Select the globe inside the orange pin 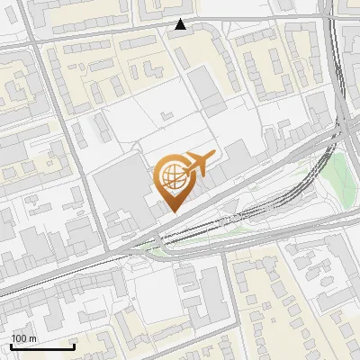click(171, 176)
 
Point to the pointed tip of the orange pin click(171, 211)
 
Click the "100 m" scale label click(23, 338)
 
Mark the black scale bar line click(41, 346)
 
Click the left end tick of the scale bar click(11, 345)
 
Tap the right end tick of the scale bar click(73, 345)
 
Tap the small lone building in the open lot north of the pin click(166, 117)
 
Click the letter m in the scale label click(33, 338)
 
